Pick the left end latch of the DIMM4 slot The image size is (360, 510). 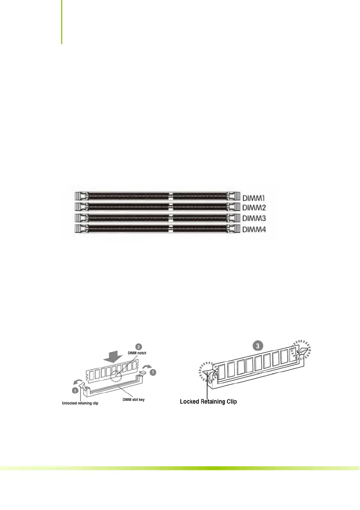(79, 229)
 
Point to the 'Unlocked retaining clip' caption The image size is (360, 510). (79, 404)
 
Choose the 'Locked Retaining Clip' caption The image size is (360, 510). (207, 402)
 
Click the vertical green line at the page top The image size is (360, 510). (61, 21)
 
